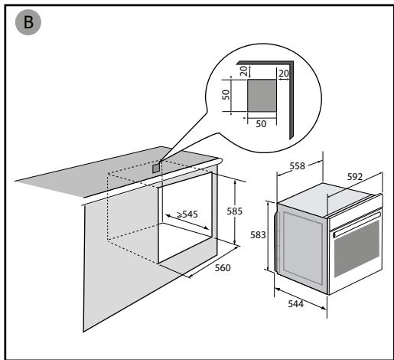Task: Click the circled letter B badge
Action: [x=28, y=22]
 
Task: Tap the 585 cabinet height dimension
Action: [x=234, y=211]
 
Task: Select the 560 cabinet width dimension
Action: [x=223, y=268]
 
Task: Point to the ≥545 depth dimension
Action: [x=187, y=214]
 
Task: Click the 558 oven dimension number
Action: [x=298, y=166]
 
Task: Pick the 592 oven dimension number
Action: [x=355, y=177]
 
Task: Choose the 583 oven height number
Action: [x=258, y=235]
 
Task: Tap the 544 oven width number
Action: [x=296, y=304]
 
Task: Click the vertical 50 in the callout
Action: [x=226, y=95]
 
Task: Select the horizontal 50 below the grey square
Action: [x=261, y=124]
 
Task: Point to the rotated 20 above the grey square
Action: [x=244, y=70]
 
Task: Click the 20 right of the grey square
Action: [x=284, y=74]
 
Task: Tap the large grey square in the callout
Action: [x=262, y=95]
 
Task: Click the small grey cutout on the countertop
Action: [x=156, y=169]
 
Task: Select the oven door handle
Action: [x=357, y=224]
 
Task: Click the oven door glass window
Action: [x=357, y=249]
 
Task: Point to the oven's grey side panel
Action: [x=302, y=247]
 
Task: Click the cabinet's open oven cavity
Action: [x=185, y=218]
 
